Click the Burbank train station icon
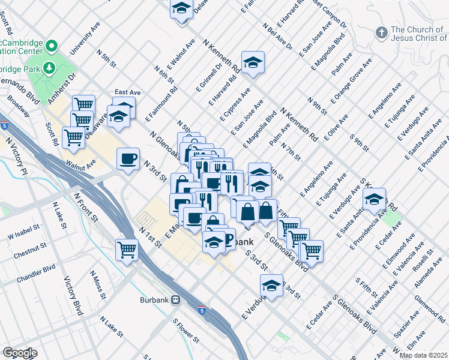click(x=176, y=299)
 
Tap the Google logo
click(x=19, y=353)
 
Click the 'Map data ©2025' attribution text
click(x=423, y=355)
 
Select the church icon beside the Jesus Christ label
click(x=381, y=32)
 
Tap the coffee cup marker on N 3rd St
click(x=128, y=159)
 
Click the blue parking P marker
click(x=228, y=241)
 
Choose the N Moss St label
click(x=97, y=285)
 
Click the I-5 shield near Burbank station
click(x=203, y=310)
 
